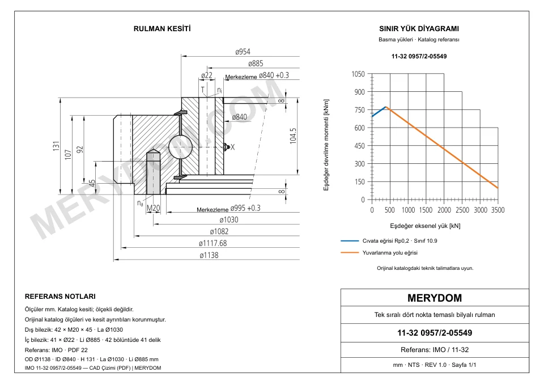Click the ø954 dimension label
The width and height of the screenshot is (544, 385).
243,52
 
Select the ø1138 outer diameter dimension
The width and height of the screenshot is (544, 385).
209,256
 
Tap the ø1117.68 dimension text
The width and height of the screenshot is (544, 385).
212,243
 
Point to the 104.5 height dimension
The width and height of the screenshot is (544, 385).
293,136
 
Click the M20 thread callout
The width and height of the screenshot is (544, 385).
153,208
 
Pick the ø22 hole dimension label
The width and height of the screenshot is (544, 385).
207,75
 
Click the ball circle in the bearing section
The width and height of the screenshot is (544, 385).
180,147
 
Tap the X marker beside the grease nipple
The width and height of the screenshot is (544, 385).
232,147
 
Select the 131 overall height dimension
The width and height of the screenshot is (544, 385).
56,146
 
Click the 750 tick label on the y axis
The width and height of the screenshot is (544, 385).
359,110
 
